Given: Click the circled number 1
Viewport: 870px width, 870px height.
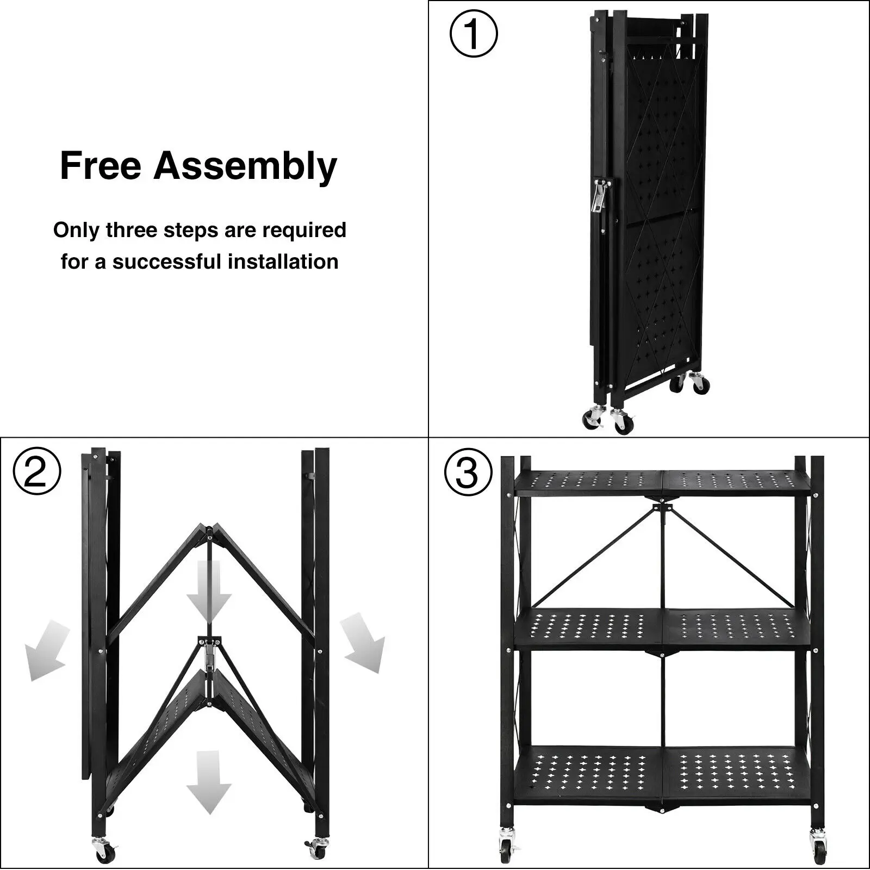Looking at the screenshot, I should click(x=473, y=34).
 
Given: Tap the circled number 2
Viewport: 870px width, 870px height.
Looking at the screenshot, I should click(x=37, y=472).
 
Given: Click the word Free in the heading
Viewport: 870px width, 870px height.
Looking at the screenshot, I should click(x=101, y=166).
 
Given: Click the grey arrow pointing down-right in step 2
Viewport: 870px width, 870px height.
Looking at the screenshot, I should click(x=363, y=642).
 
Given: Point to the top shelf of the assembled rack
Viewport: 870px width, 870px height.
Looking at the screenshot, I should click(x=662, y=482).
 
